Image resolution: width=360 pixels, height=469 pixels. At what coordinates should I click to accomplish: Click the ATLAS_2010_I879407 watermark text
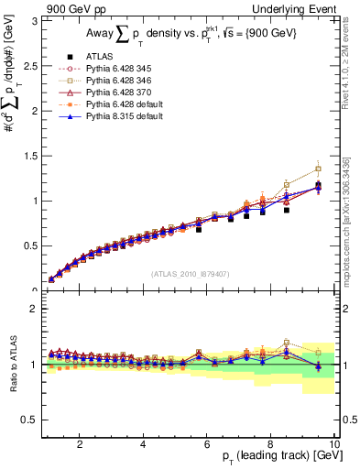pyautogui.click(x=190, y=274)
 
